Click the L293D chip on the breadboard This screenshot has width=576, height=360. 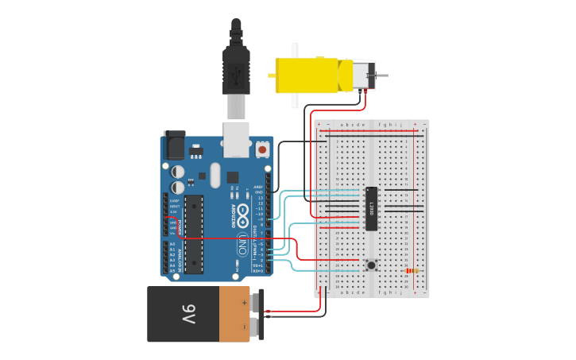[x=371, y=208]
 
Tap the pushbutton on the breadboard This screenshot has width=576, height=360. [x=370, y=265]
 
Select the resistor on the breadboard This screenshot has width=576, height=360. [x=412, y=270]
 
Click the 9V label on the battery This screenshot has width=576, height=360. [x=187, y=314]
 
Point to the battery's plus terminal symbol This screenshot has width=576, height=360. [x=244, y=302]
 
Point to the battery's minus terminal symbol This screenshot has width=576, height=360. [x=244, y=324]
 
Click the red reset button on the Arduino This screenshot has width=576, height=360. [x=262, y=149]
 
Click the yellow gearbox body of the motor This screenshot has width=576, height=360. [x=306, y=75]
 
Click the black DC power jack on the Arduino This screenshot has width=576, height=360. [x=174, y=146]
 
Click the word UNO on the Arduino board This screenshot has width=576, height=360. [x=241, y=247]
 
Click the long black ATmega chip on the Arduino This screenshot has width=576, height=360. [x=194, y=234]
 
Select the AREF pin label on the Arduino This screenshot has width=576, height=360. [x=259, y=186]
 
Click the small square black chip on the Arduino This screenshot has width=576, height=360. [x=233, y=176]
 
